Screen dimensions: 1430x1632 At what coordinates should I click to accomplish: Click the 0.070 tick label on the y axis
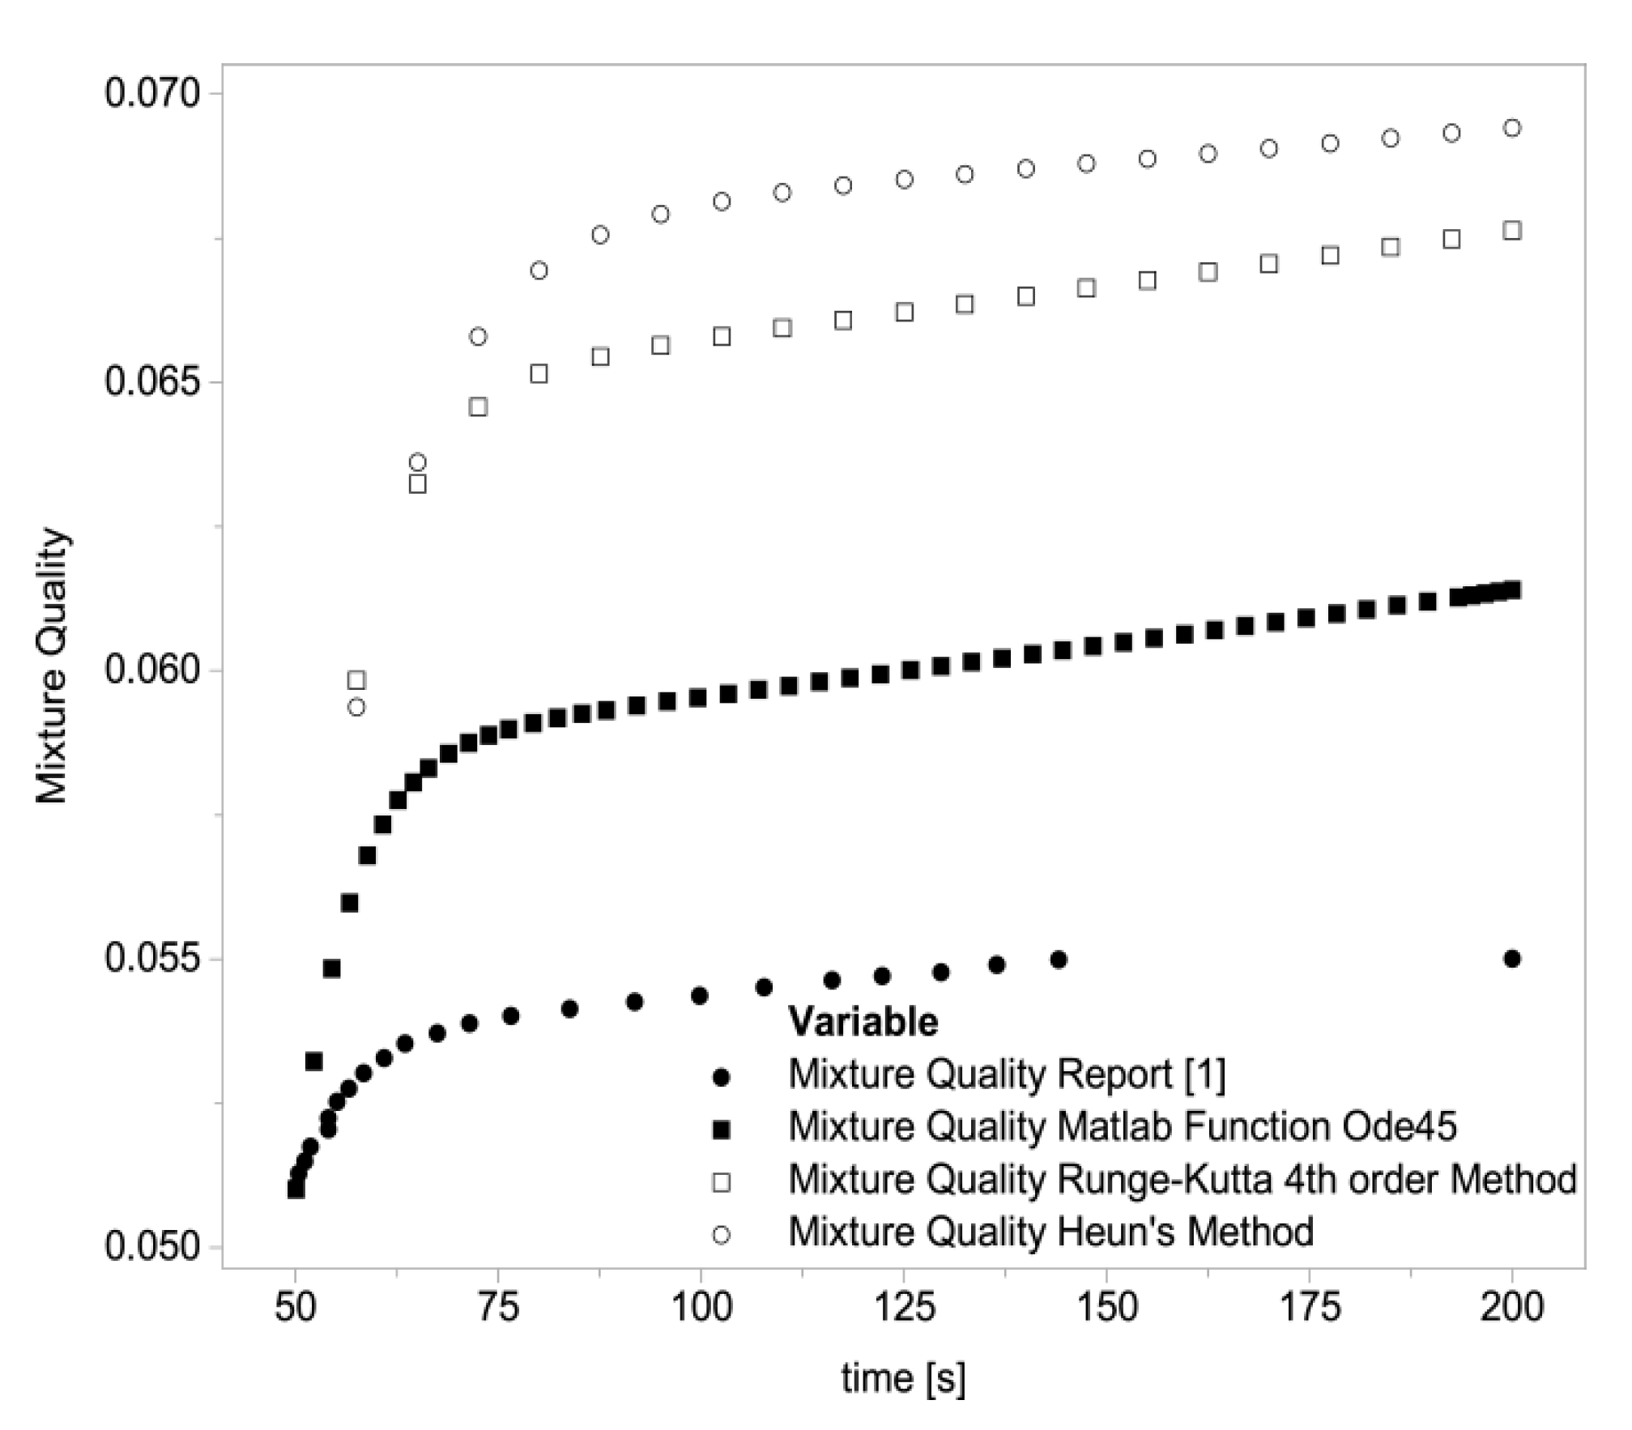141,94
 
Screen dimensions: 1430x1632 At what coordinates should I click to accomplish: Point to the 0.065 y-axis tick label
141,382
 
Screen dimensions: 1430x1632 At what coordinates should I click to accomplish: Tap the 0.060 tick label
141,671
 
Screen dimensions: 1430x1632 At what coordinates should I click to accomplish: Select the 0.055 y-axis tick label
141,960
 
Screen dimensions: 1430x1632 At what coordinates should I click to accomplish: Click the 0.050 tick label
141,1248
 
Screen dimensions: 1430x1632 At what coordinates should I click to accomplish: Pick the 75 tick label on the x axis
498,1308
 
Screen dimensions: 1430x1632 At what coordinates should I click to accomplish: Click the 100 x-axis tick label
701,1308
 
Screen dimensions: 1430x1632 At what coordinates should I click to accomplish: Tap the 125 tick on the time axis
903,1308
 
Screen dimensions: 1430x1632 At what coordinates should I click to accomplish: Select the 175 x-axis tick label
1309,1308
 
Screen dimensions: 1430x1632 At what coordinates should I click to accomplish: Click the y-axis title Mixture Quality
52,666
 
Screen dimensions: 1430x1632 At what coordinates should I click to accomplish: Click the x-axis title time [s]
903,1378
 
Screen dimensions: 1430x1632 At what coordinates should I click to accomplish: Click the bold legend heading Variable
863,1022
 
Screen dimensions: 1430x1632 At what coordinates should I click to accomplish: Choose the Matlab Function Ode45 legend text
1123,1126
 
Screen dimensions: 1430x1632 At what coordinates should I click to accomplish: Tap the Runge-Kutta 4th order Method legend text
1182,1180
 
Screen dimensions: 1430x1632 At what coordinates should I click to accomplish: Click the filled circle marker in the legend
720,1078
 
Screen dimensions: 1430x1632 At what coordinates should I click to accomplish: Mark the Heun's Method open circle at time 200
1511,128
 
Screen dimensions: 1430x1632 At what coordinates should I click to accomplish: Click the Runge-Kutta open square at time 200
1511,231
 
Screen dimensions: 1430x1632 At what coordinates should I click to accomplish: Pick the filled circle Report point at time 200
1511,959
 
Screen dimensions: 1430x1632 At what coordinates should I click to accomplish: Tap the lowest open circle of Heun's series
356,708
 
